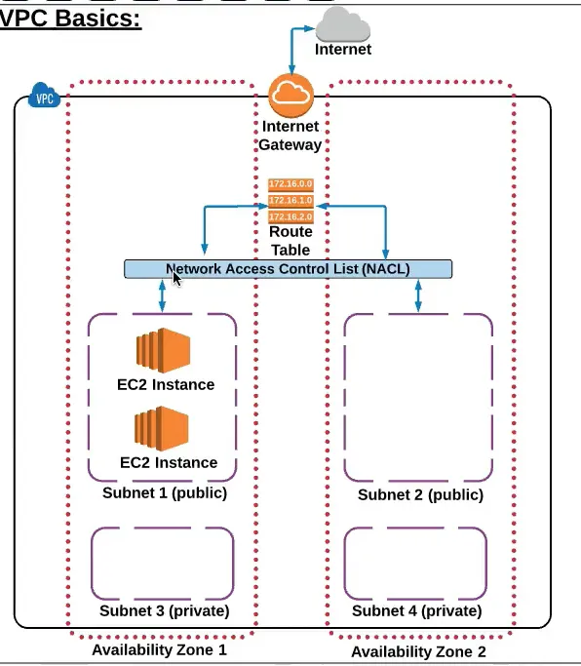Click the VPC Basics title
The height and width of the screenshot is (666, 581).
(x=71, y=19)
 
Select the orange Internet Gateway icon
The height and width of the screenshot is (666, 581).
(x=290, y=94)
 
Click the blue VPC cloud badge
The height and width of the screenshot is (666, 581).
(x=44, y=97)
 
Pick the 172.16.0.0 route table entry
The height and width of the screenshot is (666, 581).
(x=290, y=183)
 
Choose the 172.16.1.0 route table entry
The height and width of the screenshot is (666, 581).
(x=290, y=200)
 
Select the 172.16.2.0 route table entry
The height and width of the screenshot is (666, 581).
(x=290, y=215)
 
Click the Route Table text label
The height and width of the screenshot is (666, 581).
(x=290, y=241)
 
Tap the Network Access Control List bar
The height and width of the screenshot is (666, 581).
(x=288, y=269)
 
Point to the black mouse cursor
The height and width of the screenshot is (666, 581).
(x=176, y=279)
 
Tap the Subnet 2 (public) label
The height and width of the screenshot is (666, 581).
(x=419, y=495)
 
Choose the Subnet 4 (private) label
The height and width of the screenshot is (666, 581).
(x=417, y=611)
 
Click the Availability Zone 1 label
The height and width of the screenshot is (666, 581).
(x=159, y=649)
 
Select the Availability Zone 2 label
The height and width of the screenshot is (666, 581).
(x=418, y=651)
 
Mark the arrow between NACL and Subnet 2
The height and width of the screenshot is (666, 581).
(x=418, y=296)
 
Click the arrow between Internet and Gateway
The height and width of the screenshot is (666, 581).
(x=291, y=48)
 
